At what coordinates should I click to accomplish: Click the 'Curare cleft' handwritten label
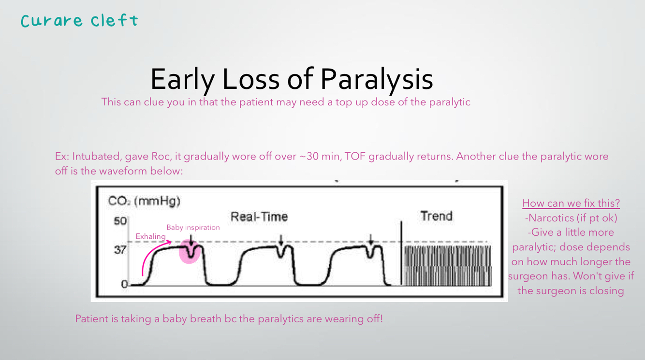click(79, 20)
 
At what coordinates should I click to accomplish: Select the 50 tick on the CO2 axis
click(120, 221)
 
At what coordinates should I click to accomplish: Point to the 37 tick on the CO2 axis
click(120, 250)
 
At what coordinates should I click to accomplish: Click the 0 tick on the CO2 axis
click(124, 284)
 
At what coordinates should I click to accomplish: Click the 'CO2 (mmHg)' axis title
click(144, 201)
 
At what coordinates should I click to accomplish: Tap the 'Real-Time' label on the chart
click(259, 216)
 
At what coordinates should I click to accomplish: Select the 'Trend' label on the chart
click(436, 216)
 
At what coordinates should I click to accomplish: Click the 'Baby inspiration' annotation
click(193, 227)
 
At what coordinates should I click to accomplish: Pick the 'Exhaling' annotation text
click(150, 237)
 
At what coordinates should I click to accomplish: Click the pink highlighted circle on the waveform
click(190, 251)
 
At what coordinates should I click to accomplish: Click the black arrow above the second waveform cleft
click(281, 240)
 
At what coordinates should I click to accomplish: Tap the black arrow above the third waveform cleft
click(371, 240)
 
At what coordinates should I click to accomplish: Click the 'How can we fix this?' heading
click(571, 203)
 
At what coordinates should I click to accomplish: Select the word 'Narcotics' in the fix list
click(549, 218)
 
